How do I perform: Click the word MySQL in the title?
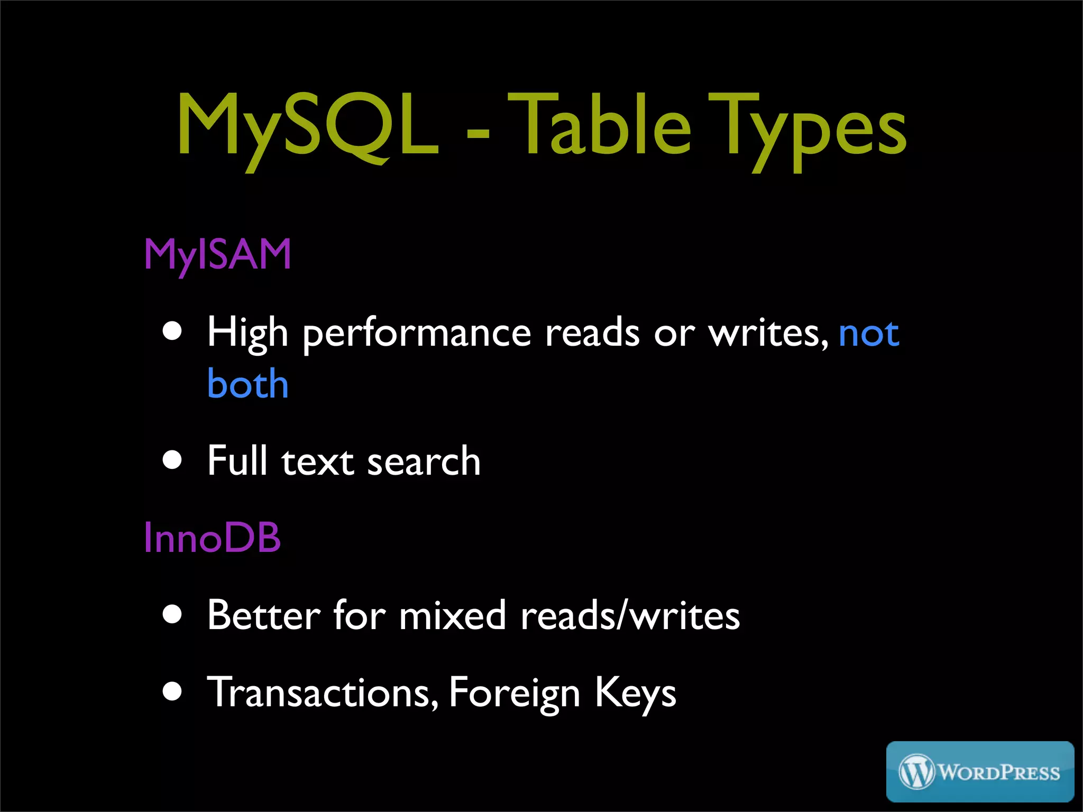pyautogui.click(x=308, y=127)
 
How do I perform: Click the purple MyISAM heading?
pyautogui.click(x=217, y=255)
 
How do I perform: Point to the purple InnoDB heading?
pyautogui.click(x=212, y=538)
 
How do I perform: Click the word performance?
pyautogui.click(x=417, y=335)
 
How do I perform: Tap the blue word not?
pyautogui.click(x=868, y=334)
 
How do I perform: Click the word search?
pyautogui.click(x=424, y=461)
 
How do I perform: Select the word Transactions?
pyautogui.click(x=323, y=692)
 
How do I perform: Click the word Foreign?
pyautogui.click(x=514, y=693)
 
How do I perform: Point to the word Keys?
pyautogui.click(x=635, y=693)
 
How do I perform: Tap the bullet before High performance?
pyautogui.click(x=172, y=331)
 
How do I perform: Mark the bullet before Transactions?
pyautogui.click(x=172, y=690)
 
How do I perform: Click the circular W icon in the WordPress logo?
pyautogui.click(x=916, y=772)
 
